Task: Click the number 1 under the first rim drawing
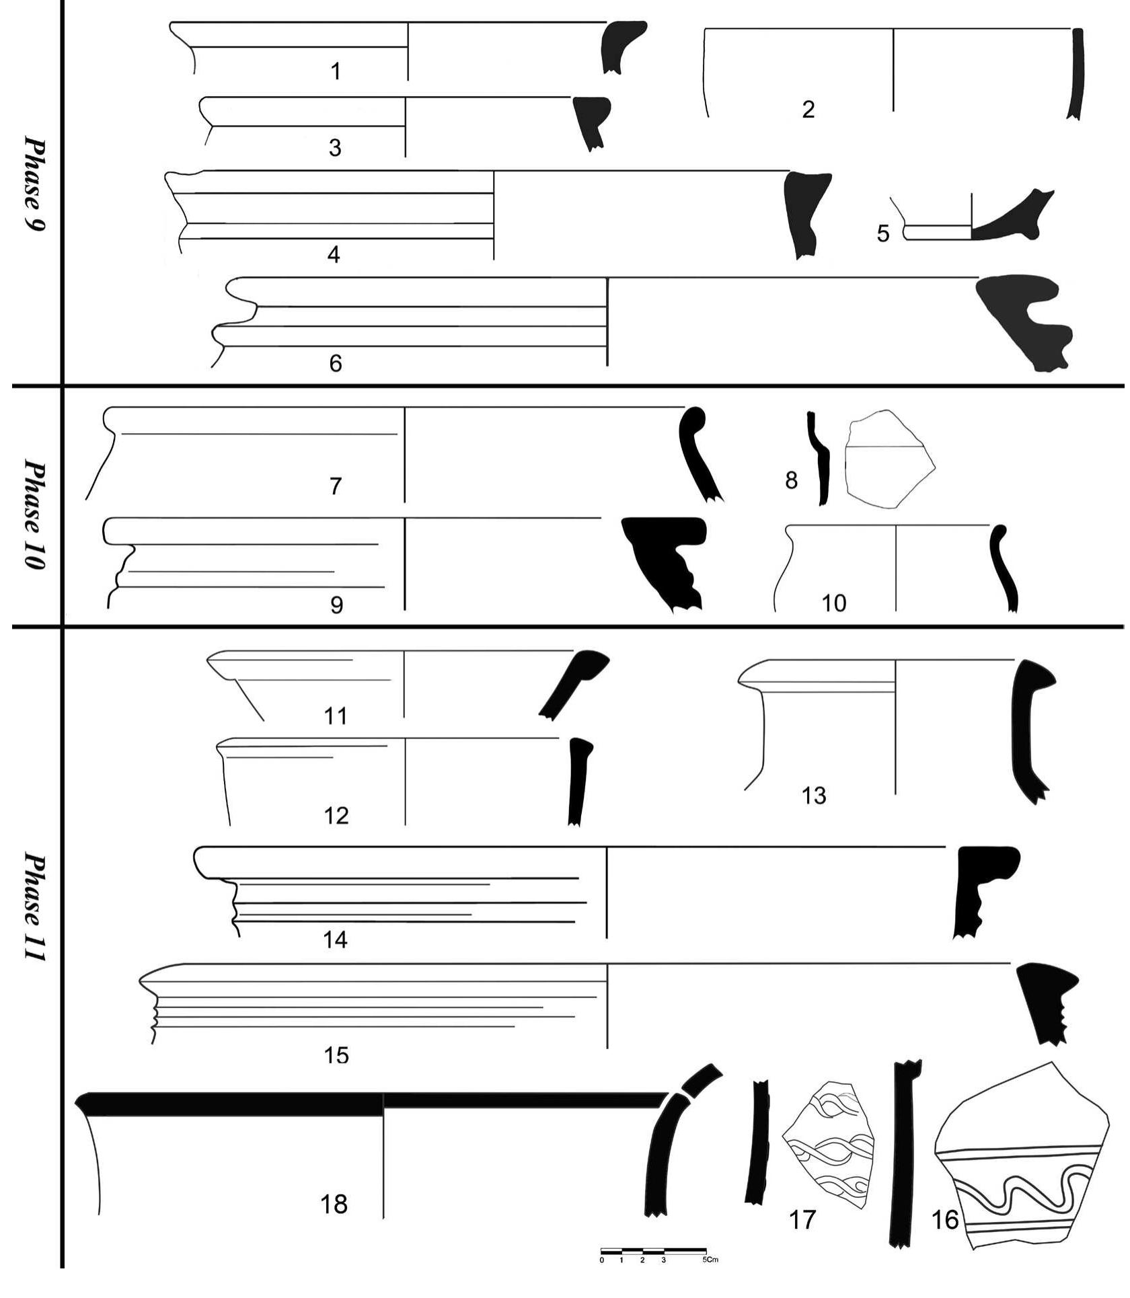pyautogui.click(x=336, y=71)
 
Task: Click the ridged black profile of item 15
pyautogui.click(x=1046, y=1002)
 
